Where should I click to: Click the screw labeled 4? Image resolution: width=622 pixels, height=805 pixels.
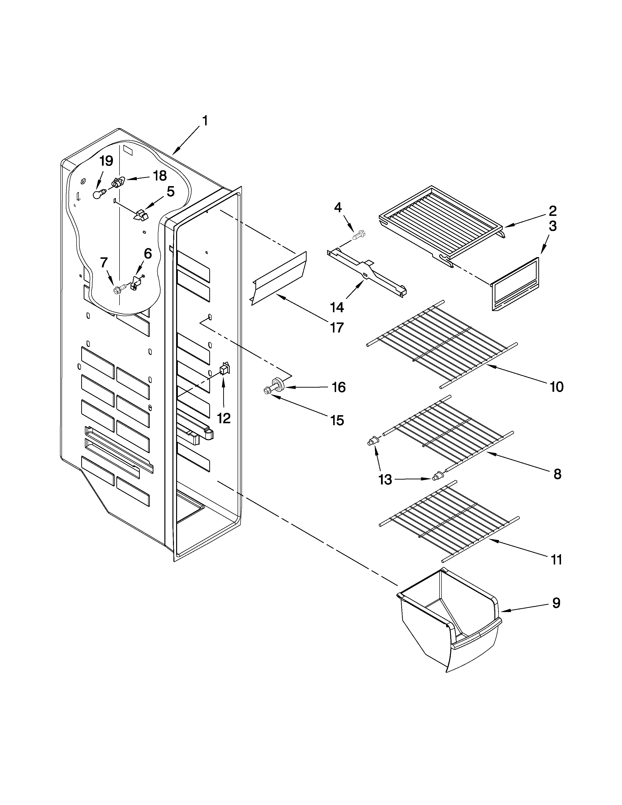coord(359,234)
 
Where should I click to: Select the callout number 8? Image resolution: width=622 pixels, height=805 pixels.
coord(557,474)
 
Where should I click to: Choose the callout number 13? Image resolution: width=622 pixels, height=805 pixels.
coord(385,480)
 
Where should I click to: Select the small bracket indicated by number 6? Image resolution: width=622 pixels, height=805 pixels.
coord(135,285)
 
